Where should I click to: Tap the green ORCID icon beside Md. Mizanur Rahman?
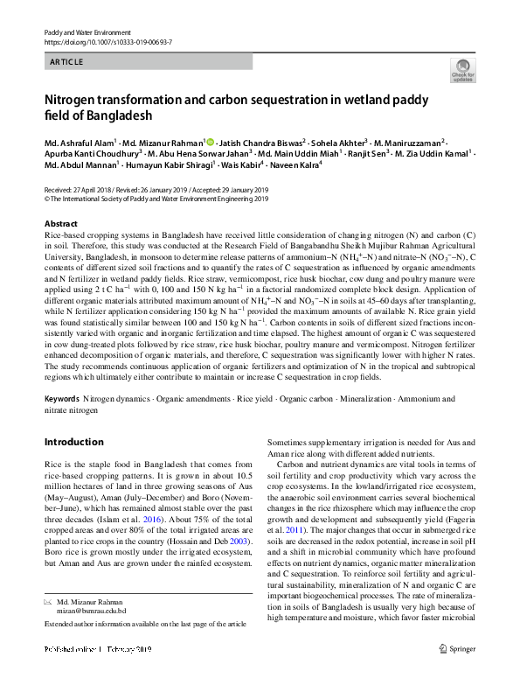211,141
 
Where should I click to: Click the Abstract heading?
60,224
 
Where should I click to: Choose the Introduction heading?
73,442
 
